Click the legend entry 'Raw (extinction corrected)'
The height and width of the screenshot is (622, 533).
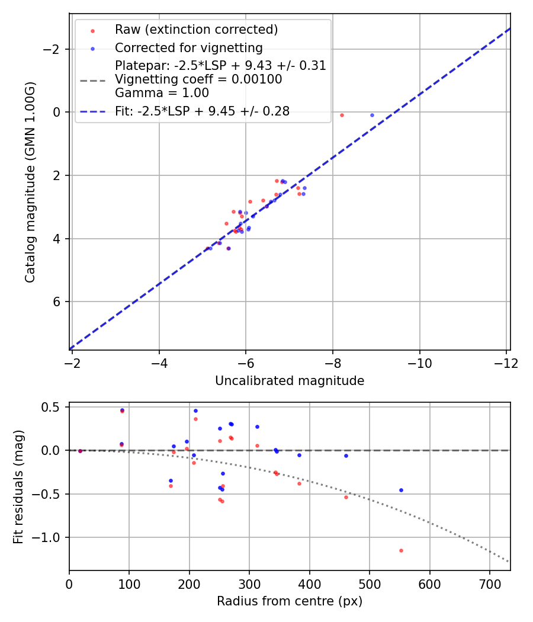point(196,30)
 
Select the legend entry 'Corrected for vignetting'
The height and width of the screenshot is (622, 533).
point(188,47)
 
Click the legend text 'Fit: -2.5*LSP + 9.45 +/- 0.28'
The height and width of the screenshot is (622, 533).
point(202,111)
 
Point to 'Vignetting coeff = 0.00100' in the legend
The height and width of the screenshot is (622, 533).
point(198,79)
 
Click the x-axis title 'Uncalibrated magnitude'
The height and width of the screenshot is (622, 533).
point(289,381)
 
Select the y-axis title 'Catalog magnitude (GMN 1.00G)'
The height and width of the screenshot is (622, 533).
point(30,182)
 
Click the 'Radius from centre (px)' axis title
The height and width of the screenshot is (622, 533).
point(289,601)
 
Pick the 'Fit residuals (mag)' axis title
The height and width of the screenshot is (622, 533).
point(18,486)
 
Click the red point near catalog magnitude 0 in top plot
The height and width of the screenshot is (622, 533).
point(342,115)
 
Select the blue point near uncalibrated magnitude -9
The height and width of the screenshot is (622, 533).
point(372,115)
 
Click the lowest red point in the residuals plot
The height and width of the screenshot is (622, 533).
point(401,550)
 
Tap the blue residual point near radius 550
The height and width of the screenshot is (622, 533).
point(401,490)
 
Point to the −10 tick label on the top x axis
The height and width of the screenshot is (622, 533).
point(419,361)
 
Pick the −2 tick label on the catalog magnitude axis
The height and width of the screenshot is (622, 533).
point(54,49)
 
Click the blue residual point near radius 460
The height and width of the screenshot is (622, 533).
point(346,456)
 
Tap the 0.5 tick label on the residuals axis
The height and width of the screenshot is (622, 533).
point(54,407)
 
